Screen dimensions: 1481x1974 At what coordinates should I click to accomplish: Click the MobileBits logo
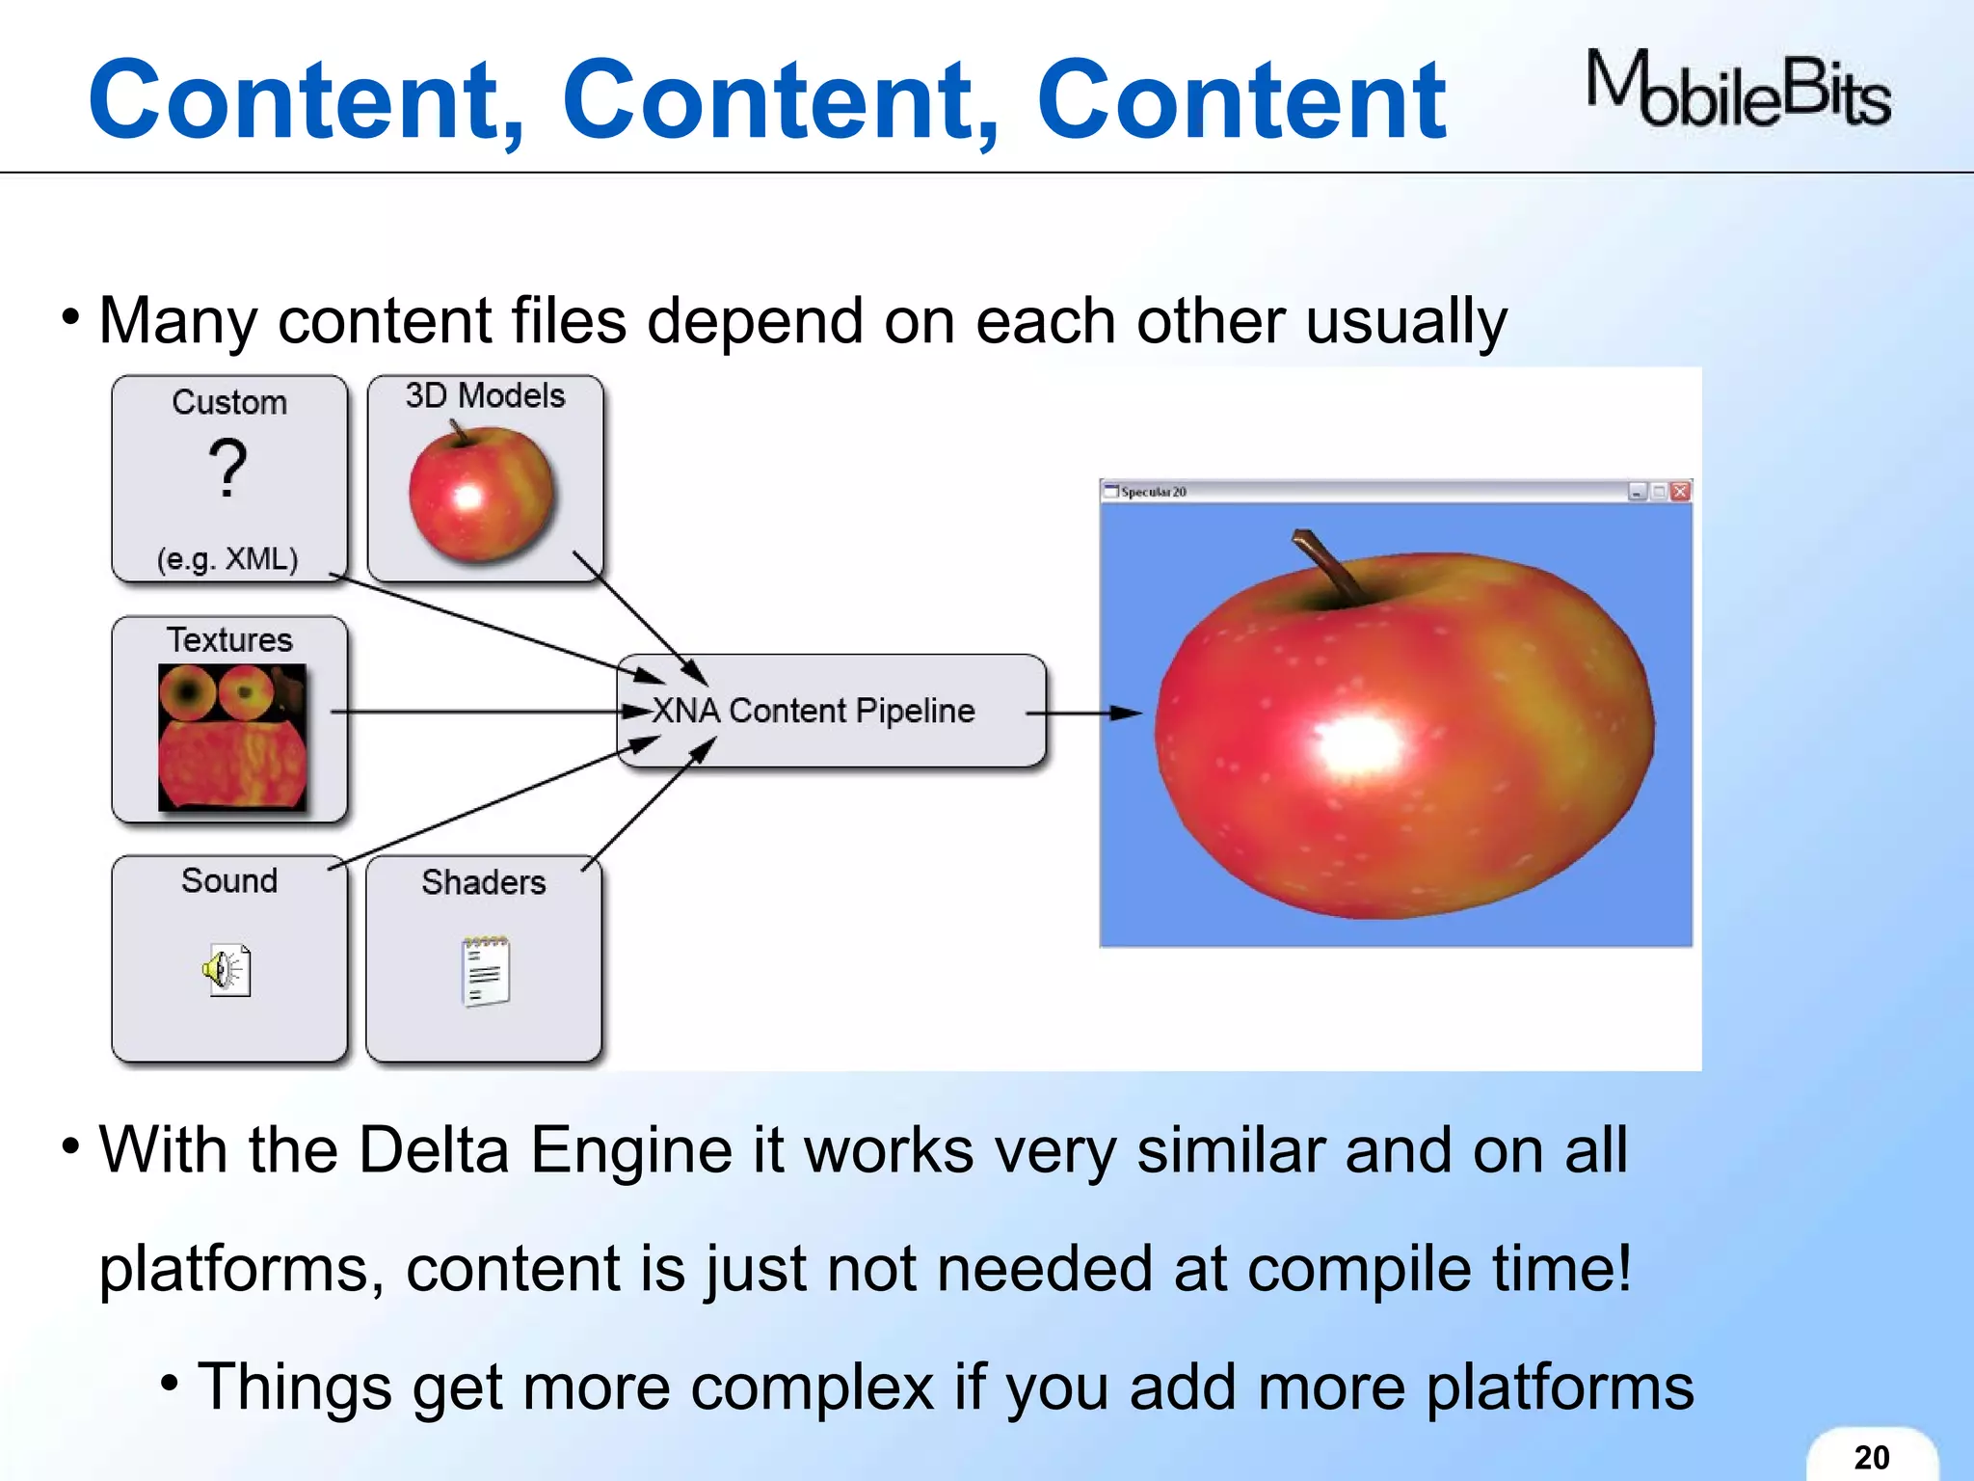click(1738, 92)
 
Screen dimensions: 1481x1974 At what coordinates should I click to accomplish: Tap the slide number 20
click(1871, 1457)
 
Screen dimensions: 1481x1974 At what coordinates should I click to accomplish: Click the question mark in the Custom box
click(228, 469)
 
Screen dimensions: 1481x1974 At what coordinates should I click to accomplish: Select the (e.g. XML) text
click(228, 558)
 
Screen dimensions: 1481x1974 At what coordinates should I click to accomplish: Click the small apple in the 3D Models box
click(481, 495)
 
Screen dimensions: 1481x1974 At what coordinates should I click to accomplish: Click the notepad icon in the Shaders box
click(486, 971)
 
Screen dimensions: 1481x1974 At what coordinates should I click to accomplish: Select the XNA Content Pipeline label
click(813, 711)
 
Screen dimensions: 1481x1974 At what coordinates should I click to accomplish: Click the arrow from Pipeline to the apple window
click(1084, 714)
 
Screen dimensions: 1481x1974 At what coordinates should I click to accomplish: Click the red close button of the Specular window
click(1680, 492)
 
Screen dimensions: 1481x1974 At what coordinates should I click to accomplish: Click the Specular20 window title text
click(1153, 492)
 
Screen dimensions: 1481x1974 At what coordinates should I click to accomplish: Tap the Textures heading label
click(229, 640)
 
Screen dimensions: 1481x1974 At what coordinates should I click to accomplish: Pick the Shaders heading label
click(484, 882)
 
